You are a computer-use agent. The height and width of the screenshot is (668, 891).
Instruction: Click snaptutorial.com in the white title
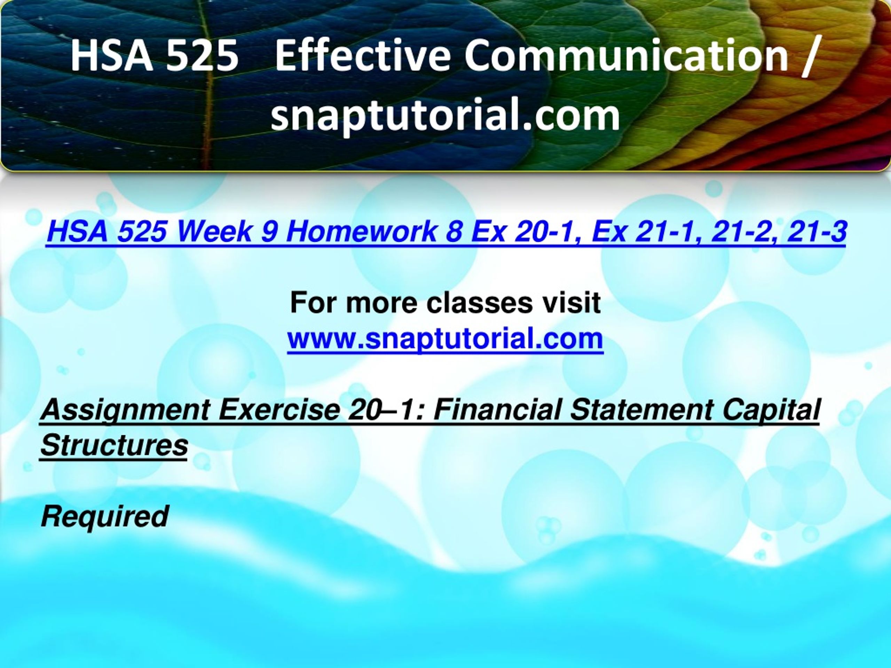(x=445, y=115)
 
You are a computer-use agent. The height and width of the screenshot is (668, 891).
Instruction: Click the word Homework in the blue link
(x=360, y=231)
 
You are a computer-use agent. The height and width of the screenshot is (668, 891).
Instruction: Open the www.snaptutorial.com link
(x=445, y=339)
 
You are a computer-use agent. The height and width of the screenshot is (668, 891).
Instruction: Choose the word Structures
(x=115, y=445)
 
